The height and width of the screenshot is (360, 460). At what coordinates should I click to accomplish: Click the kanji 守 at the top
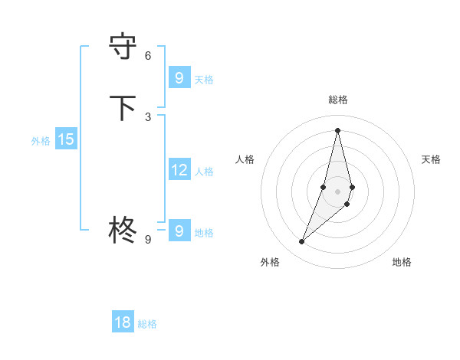[x=123, y=47]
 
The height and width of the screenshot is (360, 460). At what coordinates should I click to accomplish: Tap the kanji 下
[x=123, y=108]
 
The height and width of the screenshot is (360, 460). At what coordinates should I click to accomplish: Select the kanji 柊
[x=123, y=229]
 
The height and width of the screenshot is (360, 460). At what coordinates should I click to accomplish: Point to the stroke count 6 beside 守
[x=148, y=55]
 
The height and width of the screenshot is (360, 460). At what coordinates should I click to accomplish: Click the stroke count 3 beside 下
[x=148, y=116]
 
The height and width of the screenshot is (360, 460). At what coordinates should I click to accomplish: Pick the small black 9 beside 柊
[x=148, y=239]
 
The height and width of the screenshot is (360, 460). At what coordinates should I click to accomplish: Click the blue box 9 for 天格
[x=179, y=78]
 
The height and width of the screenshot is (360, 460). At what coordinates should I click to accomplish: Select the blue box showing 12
[x=179, y=170]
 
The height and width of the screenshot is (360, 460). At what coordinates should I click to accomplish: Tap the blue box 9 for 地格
[x=179, y=231]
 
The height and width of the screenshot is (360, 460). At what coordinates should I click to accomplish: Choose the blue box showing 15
[x=66, y=139]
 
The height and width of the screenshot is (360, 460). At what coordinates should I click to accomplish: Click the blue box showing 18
[x=123, y=322]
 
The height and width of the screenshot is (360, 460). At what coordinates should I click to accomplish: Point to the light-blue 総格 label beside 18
[x=147, y=324]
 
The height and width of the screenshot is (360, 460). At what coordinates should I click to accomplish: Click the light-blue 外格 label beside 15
[x=41, y=141]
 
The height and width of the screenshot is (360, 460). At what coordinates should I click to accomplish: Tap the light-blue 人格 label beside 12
[x=204, y=172]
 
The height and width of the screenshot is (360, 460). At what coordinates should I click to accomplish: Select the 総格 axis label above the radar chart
[x=337, y=100]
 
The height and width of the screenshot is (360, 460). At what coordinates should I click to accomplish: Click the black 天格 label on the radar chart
[x=431, y=159]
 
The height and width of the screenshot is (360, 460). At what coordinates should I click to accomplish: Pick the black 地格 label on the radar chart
[x=402, y=262]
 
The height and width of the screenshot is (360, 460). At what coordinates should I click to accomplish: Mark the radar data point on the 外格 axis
[x=301, y=242]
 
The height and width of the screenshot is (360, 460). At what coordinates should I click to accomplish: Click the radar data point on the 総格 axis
[x=337, y=129]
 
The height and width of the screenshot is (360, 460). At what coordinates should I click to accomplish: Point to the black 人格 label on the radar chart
[x=245, y=159]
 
